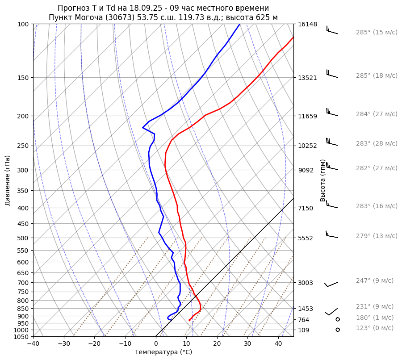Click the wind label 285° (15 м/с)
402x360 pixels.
[377, 33]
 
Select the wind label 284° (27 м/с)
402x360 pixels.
[377, 114]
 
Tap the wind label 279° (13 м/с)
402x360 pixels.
[377, 236]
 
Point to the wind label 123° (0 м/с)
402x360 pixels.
[375, 328]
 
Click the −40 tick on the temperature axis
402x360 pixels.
[33, 344]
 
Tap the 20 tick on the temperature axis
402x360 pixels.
[217, 344]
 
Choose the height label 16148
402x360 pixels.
[308, 24]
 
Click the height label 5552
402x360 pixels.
[306, 238]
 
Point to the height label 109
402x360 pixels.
[304, 330]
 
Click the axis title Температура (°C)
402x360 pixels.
[163, 352]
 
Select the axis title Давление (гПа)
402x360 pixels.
[7, 180]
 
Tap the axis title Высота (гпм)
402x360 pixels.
[322, 180]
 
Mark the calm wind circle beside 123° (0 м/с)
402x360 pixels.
[338, 330]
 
